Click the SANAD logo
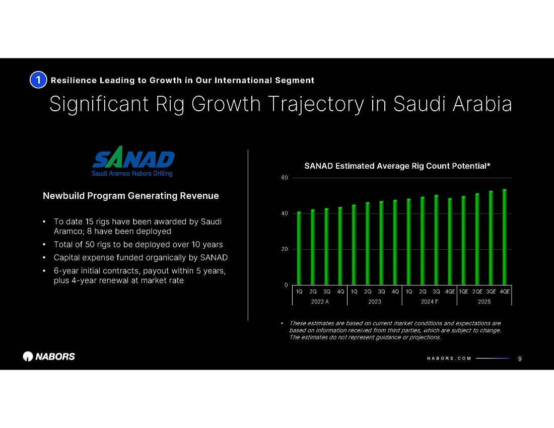tap(133, 162)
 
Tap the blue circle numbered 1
tap(38, 80)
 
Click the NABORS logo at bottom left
tap(49, 356)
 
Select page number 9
tap(520, 359)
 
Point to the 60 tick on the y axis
tap(285, 178)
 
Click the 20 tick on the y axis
tap(285, 249)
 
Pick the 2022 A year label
tap(320, 302)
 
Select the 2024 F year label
tap(429, 302)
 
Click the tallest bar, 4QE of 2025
tap(505, 237)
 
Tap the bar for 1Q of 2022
tap(299, 248)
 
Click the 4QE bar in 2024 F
tap(450, 242)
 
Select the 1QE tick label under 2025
tap(463, 292)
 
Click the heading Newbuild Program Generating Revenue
tap(131, 196)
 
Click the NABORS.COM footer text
tap(449, 359)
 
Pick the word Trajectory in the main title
tap(315, 104)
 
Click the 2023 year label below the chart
tap(375, 302)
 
